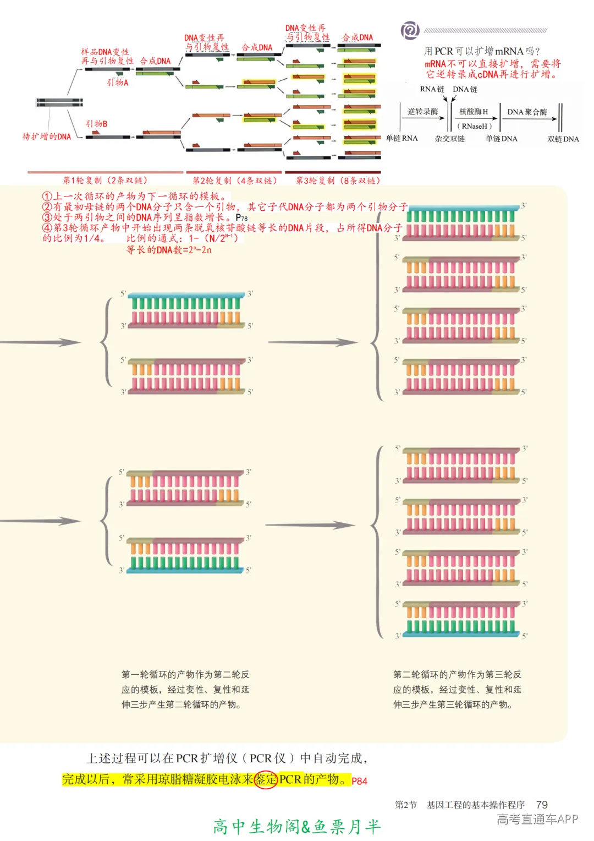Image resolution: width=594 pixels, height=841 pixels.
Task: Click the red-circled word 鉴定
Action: click(266, 779)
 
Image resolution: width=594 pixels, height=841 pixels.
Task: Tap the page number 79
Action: click(542, 805)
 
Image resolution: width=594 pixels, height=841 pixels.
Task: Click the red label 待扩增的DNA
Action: click(47, 136)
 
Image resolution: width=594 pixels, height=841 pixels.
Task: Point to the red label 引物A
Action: click(117, 83)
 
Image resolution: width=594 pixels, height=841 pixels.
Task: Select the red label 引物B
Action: click(97, 124)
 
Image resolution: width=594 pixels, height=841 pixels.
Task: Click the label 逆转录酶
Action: click(422, 112)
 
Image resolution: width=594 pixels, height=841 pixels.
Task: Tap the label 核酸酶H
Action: click(474, 112)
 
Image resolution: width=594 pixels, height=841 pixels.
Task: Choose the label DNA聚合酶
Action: click(527, 112)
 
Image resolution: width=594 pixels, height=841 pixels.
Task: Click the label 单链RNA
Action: click(402, 138)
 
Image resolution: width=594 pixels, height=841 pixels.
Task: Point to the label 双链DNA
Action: click(563, 139)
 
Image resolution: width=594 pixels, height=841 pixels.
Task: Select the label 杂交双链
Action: click(449, 139)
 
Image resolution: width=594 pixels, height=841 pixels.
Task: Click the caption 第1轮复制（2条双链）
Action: click(105, 180)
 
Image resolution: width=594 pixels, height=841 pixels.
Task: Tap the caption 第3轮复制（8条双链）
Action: click(338, 180)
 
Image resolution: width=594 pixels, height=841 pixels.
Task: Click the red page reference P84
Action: click(359, 781)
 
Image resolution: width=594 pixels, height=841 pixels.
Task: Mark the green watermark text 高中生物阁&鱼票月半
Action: click(296, 826)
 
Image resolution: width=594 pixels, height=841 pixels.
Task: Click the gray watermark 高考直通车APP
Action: click(537, 820)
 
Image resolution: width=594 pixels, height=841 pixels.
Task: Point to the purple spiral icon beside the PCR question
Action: click(410, 30)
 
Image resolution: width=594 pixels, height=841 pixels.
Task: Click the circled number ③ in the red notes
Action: click(47, 217)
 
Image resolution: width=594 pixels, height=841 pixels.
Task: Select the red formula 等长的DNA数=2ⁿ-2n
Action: click(169, 250)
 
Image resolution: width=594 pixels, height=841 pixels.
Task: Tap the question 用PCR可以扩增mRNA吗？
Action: click(482, 51)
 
